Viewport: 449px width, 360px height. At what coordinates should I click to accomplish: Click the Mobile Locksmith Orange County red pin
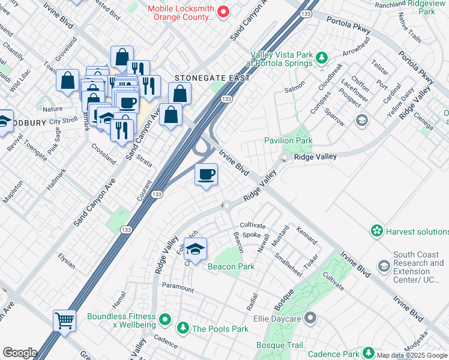tap(223, 11)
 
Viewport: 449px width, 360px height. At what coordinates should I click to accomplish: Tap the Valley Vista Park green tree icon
tap(322, 58)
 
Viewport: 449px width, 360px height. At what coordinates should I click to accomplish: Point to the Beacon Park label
tap(231, 266)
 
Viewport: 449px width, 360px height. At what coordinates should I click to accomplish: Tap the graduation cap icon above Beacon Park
tap(196, 248)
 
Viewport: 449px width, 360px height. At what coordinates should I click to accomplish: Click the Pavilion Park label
tap(288, 140)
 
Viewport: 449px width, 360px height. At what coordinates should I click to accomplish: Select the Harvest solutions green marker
tap(376, 231)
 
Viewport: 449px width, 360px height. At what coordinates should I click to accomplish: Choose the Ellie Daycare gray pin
tap(310, 317)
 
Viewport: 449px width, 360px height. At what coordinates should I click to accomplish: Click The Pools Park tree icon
tap(182, 328)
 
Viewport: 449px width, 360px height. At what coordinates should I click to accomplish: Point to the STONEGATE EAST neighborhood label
tap(203, 78)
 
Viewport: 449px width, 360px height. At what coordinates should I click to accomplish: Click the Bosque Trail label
tap(280, 345)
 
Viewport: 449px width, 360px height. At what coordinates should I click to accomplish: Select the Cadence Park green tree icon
tap(368, 353)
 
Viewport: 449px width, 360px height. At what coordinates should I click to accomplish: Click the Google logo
tap(20, 353)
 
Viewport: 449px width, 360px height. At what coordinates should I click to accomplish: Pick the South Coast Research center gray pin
tap(384, 265)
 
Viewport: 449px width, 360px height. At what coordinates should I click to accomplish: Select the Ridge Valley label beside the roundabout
tap(315, 157)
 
